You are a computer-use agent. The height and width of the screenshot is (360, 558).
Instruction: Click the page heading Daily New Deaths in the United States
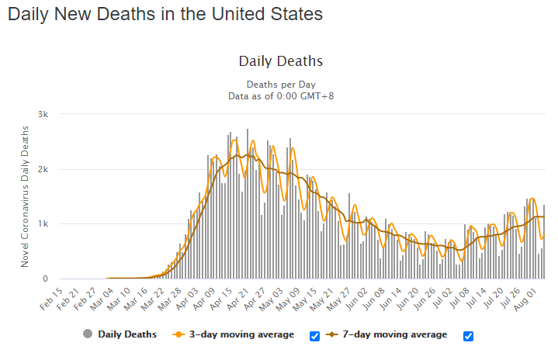165,15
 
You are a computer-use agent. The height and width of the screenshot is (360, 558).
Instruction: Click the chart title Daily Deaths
281,61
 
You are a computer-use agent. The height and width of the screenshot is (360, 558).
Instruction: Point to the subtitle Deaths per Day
281,85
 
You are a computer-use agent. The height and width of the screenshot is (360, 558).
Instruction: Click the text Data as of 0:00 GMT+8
281,96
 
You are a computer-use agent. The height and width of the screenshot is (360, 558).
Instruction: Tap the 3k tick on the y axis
43,114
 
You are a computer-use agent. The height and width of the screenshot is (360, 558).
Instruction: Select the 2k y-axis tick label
43,169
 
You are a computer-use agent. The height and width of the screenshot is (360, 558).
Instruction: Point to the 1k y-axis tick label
43,223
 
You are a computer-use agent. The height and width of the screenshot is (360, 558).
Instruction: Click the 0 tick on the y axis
45,279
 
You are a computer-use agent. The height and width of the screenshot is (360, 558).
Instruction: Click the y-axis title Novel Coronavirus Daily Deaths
25,196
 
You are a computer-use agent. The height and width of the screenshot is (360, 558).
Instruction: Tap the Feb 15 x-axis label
51,299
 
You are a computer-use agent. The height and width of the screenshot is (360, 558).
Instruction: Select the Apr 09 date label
204,299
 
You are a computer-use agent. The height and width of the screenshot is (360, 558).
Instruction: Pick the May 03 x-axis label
272,299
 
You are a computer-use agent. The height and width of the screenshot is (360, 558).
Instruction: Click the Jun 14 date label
391,299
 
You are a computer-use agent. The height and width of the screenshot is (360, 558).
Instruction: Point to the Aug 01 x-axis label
526,299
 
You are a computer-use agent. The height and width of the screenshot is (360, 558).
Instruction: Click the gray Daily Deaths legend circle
88,334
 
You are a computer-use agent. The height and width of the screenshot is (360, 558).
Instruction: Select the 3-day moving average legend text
241,334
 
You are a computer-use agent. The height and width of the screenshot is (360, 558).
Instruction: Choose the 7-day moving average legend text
395,334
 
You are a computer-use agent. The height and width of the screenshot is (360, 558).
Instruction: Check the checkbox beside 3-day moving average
314,336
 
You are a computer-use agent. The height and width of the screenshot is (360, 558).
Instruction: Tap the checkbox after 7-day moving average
468,336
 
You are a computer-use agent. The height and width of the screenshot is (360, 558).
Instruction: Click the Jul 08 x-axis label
459,299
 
